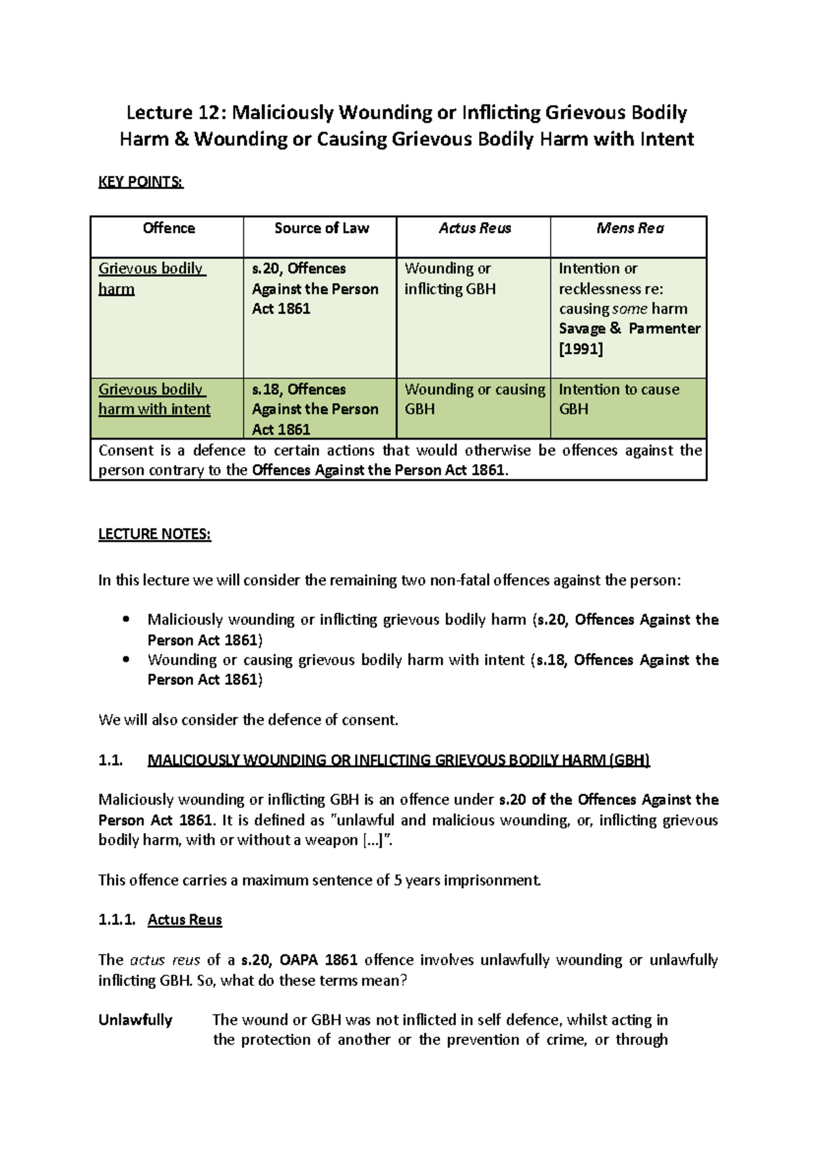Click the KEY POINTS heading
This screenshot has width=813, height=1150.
pyautogui.click(x=141, y=182)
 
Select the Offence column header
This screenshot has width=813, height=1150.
pyautogui.click(x=169, y=228)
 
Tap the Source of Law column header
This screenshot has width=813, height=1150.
pyautogui.click(x=321, y=228)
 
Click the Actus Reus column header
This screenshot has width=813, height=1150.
pyautogui.click(x=474, y=228)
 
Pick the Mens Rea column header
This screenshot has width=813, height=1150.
pyautogui.click(x=629, y=228)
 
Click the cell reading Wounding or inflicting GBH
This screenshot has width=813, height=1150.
pyautogui.click(x=450, y=278)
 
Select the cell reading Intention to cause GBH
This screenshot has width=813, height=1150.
pyautogui.click(x=619, y=399)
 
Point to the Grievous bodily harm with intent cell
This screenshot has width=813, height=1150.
pyautogui.click(x=154, y=399)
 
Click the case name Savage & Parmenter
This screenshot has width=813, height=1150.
pyautogui.click(x=629, y=328)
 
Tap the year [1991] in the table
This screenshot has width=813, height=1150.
pyautogui.click(x=581, y=349)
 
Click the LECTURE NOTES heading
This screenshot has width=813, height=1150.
pyautogui.click(x=154, y=534)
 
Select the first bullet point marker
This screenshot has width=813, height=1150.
pyautogui.click(x=125, y=619)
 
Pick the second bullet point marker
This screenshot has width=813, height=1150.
pyautogui.click(x=125, y=659)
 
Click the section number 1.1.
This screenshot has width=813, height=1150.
pyautogui.click(x=110, y=760)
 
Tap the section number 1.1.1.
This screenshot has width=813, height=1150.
pyautogui.click(x=117, y=920)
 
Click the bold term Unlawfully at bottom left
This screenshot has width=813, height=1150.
pyautogui.click(x=135, y=1020)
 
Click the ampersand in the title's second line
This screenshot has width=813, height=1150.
pyautogui.click(x=182, y=140)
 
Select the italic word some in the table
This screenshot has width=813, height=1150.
pyautogui.click(x=629, y=309)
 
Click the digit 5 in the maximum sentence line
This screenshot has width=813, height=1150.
pyautogui.click(x=398, y=880)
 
